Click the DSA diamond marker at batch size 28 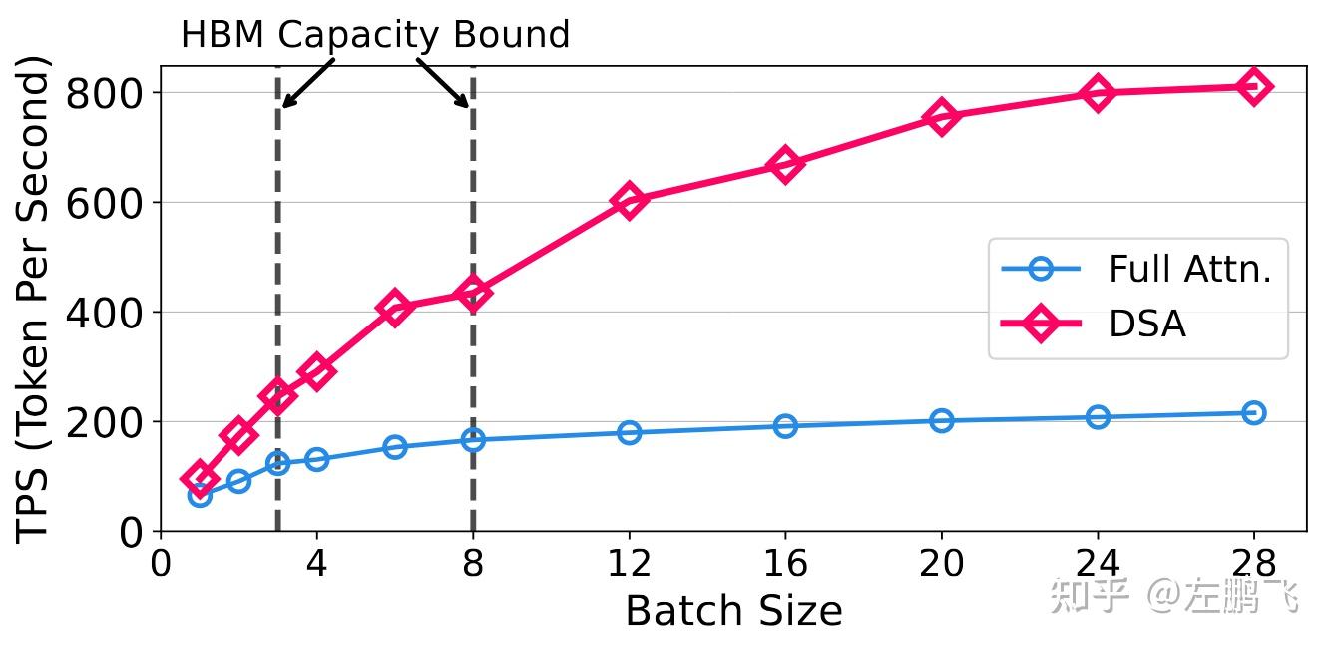1253,87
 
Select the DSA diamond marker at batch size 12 629,201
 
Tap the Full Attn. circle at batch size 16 785,426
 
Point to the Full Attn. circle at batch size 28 1253,412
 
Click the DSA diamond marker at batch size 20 941,117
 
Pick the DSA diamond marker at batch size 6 394,308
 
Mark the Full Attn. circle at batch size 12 629,432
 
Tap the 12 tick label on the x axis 629,564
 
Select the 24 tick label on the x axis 1098,564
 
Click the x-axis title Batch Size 733,611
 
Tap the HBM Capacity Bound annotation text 374,35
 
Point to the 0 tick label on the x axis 161,564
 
